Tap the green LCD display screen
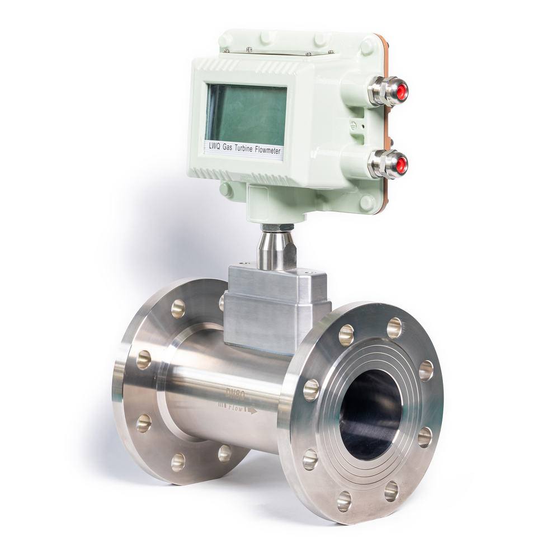point(247,115)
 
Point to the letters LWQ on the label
point(214,147)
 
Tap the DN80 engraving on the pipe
point(235,395)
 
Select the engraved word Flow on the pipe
point(235,408)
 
